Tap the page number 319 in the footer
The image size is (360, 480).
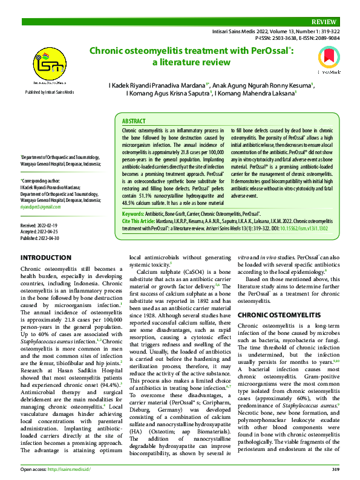tap(335, 469)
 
